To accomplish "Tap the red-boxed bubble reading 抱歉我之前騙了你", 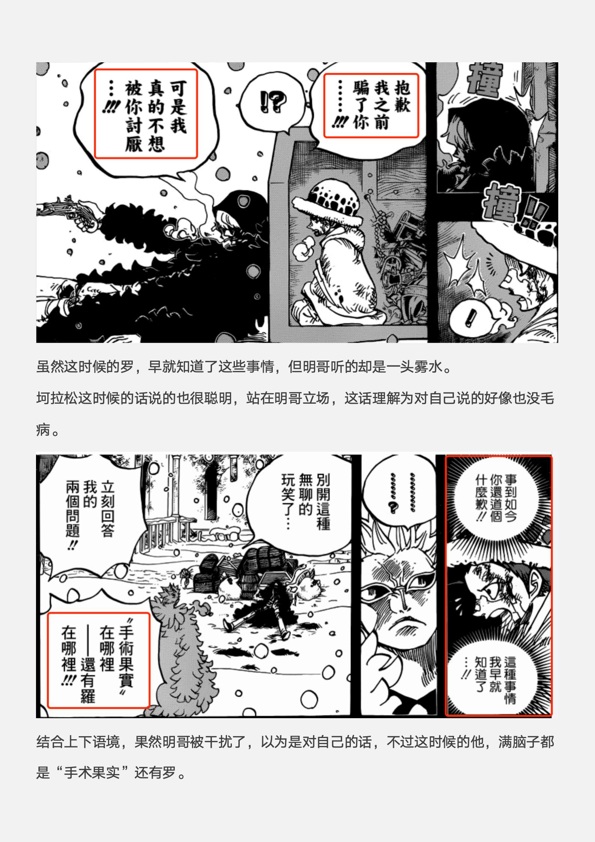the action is (x=371, y=105).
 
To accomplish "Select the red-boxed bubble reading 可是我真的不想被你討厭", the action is (x=146, y=114).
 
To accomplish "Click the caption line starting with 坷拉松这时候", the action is (x=295, y=398).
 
